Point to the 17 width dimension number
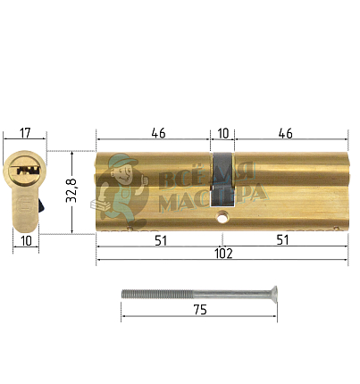pos(24,135)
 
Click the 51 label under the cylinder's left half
pos(157,238)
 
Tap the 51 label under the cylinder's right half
pos(285,238)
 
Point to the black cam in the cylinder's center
pos(222,170)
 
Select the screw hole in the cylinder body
pos(222,215)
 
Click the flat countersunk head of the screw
pos(272,292)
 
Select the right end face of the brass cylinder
pos(344,192)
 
